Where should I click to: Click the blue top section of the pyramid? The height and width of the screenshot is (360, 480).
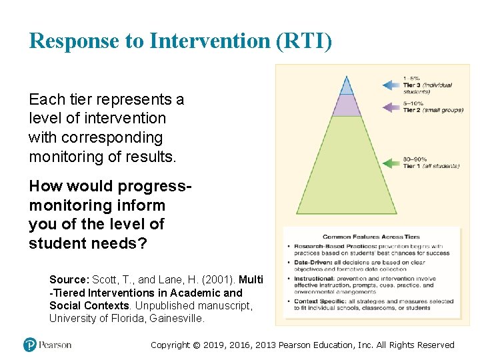coord(346,87)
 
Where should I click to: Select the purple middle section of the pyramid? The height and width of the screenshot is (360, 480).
coord(346,105)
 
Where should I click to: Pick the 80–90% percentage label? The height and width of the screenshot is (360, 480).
coord(415,159)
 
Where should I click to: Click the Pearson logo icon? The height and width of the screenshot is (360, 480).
coord(30,345)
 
